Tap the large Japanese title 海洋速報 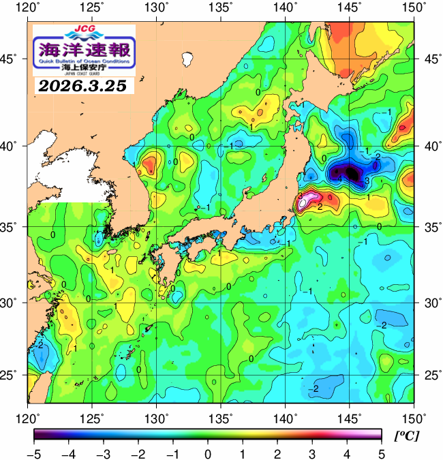coord(84,50)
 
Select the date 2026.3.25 coord(84,86)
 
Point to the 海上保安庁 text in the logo coord(84,69)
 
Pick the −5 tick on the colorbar coord(34,453)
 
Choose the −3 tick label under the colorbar coord(103,453)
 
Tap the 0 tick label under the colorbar coord(208,453)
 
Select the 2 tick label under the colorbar coord(277,453)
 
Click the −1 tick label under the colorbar coord(172,453)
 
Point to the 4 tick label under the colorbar coord(347,453)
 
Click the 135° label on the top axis coord(221,7)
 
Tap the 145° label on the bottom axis coord(350,417)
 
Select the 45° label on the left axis coord(14,59)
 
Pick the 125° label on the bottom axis coord(93,417)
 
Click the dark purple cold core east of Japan coord(349,172)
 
